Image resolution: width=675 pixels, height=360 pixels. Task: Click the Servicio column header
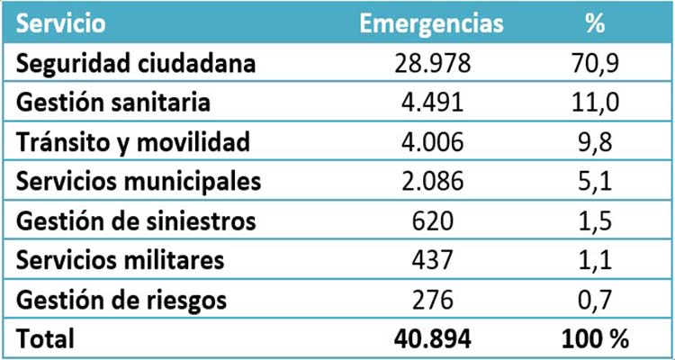[x=59, y=24]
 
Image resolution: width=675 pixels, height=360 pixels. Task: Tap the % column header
[x=594, y=24]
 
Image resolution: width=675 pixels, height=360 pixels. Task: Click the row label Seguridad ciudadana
[x=136, y=64]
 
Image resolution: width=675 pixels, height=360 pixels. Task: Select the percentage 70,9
[x=594, y=64]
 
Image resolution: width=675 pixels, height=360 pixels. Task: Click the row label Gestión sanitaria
[x=113, y=103]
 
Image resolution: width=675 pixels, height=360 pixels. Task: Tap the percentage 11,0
[x=594, y=103]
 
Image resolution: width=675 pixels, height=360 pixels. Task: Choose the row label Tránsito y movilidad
[x=132, y=142]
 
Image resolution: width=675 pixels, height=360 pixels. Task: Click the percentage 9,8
[x=594, y=142]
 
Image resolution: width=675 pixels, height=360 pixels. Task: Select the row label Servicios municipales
[x=139, y=181]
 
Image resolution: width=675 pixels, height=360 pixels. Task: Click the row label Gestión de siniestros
[x=136, y=220]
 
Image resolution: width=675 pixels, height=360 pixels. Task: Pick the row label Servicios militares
[x=120, y=260]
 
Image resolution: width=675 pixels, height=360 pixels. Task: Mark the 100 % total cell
[x=594, y=338]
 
